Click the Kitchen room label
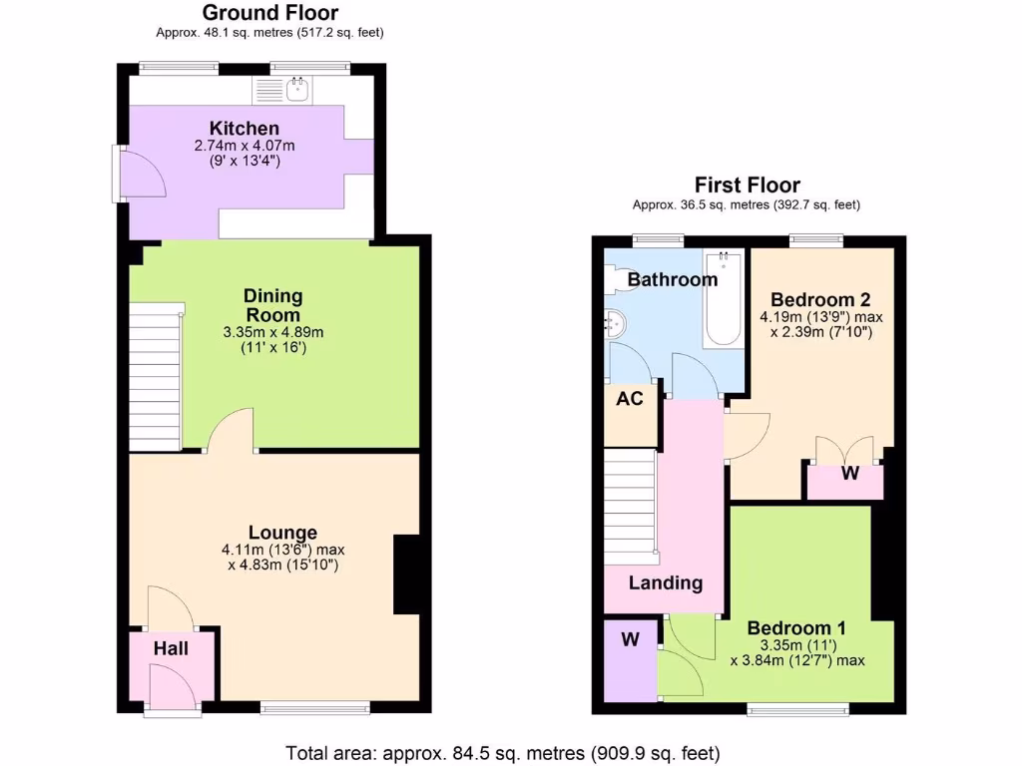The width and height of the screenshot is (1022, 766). pos(245,129)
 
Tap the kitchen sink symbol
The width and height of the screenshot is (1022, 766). pos(296,91)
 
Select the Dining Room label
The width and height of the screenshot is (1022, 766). pos(273,305)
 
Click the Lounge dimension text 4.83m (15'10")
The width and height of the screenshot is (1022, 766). pos(283,566)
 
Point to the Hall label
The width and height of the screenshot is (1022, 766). pos(171,649)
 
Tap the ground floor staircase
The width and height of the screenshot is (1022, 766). pos(155,379)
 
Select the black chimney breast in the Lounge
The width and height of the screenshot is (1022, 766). pos(406,574)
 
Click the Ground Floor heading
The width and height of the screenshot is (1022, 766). pos(269,13)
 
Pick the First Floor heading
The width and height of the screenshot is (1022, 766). pos(747,186)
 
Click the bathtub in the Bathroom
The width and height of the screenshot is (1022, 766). pos(723,299)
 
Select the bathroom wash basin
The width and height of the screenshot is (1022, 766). pos(615,322)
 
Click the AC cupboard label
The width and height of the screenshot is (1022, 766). pos(630,399)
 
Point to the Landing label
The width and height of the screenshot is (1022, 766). pos(665,583)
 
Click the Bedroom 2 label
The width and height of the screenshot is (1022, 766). pos(813,300)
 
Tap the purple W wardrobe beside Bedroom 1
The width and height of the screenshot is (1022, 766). pos(630,640)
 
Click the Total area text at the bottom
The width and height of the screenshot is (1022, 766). pos(502,752)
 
